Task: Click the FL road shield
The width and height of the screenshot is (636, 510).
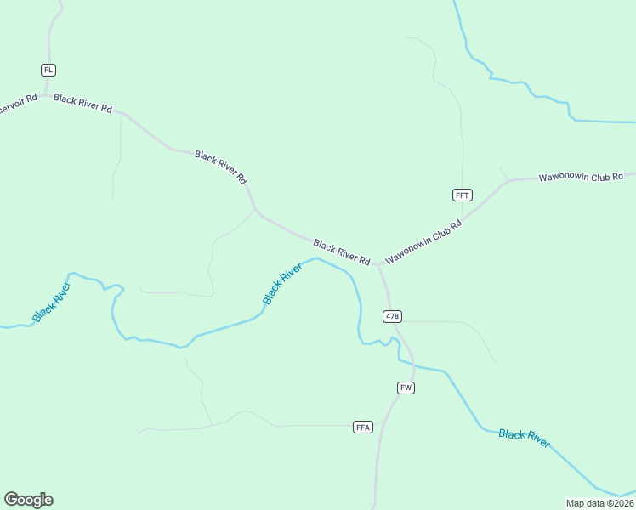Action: click(x=48, y=69)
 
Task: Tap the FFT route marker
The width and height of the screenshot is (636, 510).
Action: click(x=462, y=195)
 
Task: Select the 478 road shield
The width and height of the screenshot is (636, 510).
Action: click(x=392, y=316)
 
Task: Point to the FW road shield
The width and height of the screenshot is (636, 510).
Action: click(x=406, y=388)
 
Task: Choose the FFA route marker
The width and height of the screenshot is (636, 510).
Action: click(x=363, y=427)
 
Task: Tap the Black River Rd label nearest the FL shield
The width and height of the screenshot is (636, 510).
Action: click(x=82, y=104)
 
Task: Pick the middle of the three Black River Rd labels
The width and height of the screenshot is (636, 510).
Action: click(x=221, y=167)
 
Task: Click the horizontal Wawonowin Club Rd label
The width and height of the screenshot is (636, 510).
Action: click(x=582, y=178)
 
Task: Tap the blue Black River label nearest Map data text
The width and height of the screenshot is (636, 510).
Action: click(x=525, y=439)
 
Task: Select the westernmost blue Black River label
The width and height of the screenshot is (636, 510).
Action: click(x=51, y=301)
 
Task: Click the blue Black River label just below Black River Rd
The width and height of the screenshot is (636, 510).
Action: click(x=282, y=284)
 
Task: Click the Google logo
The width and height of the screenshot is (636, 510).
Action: click(x=28, y=500)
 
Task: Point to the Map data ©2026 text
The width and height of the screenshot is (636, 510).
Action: click(x=599, y=502)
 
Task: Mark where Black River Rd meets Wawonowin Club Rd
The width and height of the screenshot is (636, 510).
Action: click(x=377, y=264)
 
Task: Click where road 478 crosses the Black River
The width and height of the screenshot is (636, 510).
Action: click(x=397, y=343)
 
